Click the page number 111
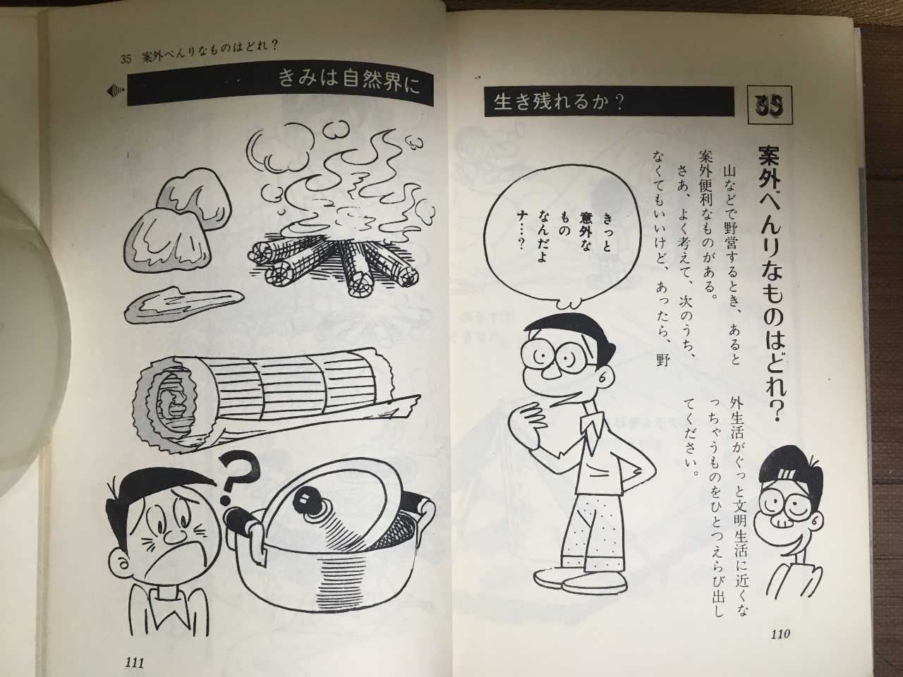134,663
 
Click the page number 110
780,633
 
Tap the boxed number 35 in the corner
769,104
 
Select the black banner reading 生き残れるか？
610,102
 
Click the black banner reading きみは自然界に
280,84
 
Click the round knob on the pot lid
308,498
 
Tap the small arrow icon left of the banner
116,91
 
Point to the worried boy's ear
120,564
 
